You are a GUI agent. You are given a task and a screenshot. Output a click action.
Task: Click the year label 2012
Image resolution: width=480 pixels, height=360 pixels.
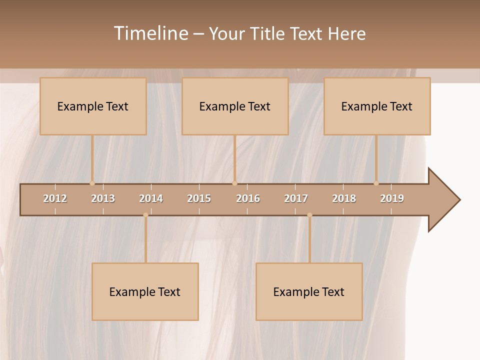tap(55, 198)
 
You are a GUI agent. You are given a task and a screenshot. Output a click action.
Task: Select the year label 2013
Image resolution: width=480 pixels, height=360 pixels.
tap(103, 198)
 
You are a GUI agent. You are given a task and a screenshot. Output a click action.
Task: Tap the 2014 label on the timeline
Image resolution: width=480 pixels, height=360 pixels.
tap(151, 198)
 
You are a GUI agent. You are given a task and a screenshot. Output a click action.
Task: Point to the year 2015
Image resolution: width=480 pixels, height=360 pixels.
tap(199, 198)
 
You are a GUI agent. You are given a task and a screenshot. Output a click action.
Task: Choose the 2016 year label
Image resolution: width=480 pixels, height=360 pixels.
tap(248, 198)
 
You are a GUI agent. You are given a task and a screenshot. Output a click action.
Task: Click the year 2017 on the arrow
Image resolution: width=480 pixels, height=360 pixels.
tap(296, 198)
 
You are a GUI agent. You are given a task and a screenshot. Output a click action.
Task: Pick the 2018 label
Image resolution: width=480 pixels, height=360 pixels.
tap(344, 198)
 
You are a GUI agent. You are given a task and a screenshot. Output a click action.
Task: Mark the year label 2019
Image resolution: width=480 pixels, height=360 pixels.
tap(392, 198)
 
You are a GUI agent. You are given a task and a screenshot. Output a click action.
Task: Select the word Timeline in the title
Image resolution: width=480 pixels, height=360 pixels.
tap(150, 33)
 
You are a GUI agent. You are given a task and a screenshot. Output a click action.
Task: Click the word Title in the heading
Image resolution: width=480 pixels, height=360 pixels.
tap(268, 33)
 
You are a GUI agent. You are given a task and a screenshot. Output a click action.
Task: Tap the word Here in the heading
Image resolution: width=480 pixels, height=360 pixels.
tap(346, 33)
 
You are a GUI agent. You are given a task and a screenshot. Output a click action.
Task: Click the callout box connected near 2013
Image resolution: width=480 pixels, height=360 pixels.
tap(93, 106)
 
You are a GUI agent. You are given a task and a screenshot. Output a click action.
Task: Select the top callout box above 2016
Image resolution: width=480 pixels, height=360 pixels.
tap(235, 106)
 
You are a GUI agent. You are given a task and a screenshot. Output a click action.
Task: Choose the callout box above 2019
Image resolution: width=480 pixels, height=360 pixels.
tap(377, 106)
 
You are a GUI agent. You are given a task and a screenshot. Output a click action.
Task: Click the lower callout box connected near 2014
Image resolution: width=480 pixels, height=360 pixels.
tap(145, 291)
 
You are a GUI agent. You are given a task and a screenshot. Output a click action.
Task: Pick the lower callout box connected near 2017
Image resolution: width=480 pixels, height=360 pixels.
tap(309, 291)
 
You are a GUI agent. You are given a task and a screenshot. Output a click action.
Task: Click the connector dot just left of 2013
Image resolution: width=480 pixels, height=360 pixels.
tap(92, 183)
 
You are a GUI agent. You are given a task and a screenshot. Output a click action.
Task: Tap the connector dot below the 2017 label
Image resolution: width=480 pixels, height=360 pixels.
tap(309, 215)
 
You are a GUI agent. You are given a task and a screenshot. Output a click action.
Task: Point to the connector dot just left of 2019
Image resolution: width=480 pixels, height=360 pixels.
tap(376, 183)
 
